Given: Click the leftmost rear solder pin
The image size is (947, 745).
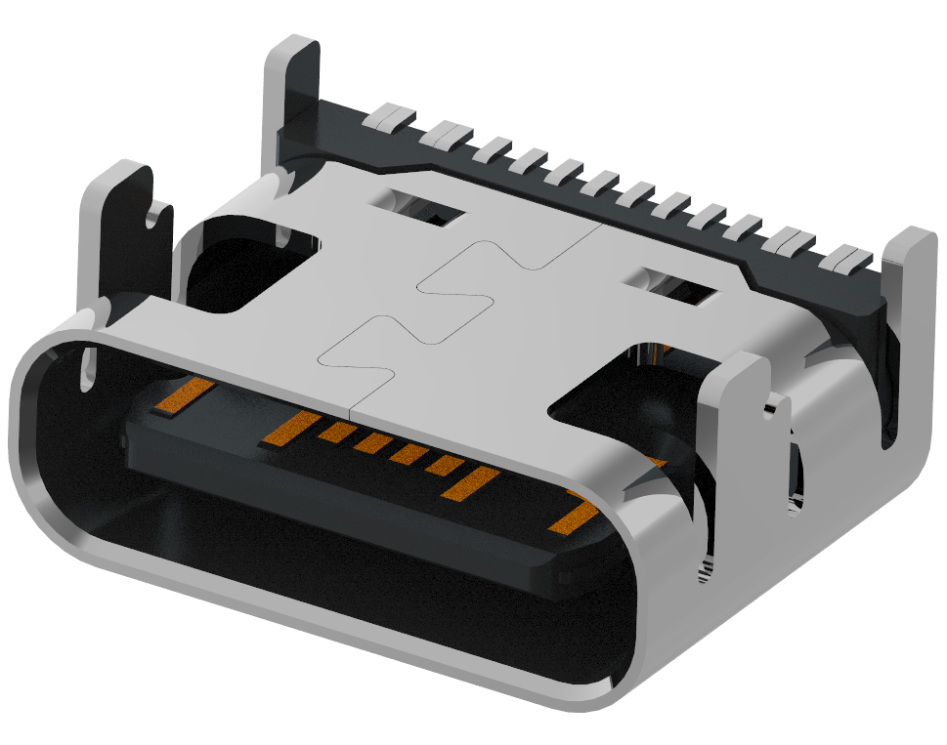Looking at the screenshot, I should (x=387, y=118).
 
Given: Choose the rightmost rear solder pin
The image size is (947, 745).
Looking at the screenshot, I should (x=847, y=260).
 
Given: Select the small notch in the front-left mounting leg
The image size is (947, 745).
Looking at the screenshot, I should (x=155, y=212).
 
